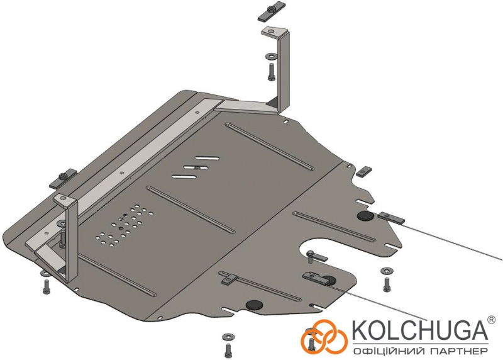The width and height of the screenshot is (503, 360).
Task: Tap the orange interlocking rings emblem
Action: tap(324, 337)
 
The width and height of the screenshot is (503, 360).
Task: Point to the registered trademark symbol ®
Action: tap(492, 319)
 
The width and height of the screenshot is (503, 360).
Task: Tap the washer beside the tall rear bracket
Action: tap(271, 57)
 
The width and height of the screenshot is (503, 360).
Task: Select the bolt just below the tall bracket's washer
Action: tap(271, 71)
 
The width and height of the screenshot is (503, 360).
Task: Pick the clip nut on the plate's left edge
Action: tap(63, 178)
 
